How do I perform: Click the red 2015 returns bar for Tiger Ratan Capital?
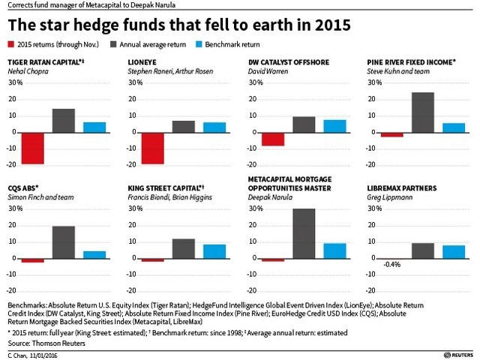click(33, 148)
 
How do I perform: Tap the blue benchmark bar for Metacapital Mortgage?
click(334, 250)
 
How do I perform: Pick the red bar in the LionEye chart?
click(153, 148)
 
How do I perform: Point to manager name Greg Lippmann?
click(389, 196)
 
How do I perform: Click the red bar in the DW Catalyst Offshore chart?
click(273, 139)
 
